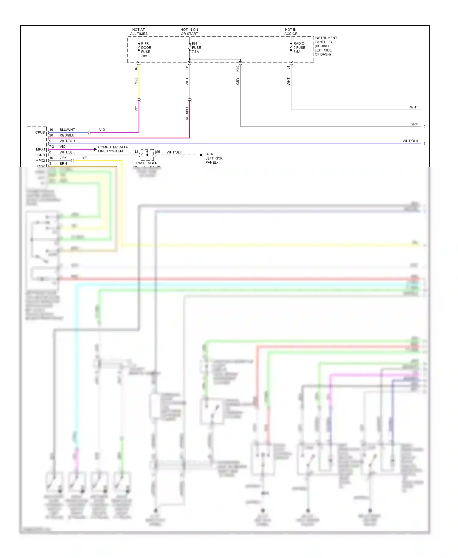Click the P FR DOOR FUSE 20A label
pos(146,50)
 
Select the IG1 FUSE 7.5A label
pos(196,48)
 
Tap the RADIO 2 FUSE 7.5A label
pos(299,48)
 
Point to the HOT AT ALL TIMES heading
pos(139,32)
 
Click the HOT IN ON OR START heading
pos(189,32)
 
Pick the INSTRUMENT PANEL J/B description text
pos(325,46)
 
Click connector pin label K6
pos(136,67)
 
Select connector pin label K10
pos(238,69)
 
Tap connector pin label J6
pos(288,67)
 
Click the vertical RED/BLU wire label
pos(187,113)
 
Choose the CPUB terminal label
pos(40,132)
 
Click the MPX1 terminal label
pos(40,150)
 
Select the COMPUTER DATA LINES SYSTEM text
pos(113,149)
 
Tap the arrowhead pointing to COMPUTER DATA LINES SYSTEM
pos(95,149)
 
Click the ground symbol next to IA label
pos(202,155)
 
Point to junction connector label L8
pos(137,152)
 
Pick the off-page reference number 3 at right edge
pos(424,144)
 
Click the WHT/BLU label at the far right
pos(410,141)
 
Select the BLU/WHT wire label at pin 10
pos(67,130)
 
